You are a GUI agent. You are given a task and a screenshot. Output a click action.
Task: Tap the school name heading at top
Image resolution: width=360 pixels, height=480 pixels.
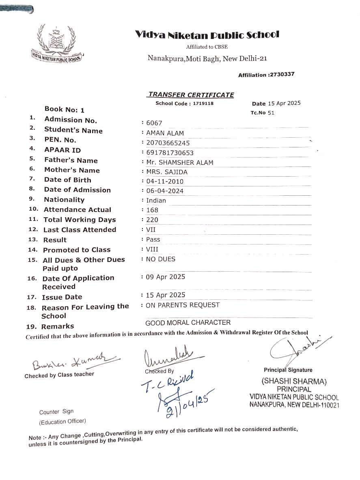point(207,35)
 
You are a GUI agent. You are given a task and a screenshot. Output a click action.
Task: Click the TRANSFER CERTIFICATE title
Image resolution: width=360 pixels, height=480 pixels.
point(191,95)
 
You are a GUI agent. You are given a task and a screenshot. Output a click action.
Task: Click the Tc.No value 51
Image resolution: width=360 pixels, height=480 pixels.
point(271,112)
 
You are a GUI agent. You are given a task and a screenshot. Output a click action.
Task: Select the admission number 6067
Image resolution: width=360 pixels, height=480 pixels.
point(154,123)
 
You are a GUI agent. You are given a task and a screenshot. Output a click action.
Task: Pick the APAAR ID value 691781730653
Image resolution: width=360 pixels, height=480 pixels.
point(170,153)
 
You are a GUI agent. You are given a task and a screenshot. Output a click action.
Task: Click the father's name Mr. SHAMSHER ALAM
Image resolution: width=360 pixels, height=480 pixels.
point(179,163)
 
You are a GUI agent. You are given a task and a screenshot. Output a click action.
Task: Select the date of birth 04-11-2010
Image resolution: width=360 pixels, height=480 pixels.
point(165,182)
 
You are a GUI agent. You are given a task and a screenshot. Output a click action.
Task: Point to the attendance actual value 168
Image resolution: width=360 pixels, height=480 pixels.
point(152,210)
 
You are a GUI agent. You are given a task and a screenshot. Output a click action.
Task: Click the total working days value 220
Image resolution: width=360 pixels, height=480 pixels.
point(152,220)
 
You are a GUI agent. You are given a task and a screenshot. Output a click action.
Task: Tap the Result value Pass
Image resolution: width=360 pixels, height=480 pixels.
point(153,240)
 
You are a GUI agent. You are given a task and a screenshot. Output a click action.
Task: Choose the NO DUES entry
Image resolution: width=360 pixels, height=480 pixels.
point(160,259)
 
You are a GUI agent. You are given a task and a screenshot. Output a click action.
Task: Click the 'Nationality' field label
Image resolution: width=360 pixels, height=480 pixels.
point(64,200)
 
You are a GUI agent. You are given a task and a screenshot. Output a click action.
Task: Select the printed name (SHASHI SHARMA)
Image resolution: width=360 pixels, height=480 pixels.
point(294,382)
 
